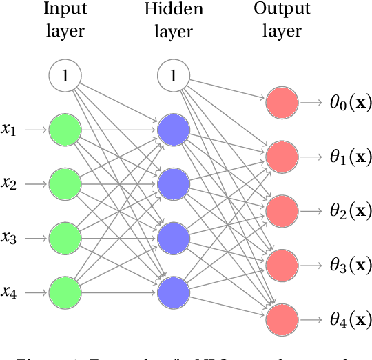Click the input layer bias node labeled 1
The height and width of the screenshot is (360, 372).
click(65, 75)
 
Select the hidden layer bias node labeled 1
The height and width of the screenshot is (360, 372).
click(174, 75)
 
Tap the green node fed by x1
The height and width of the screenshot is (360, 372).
click(65, 129)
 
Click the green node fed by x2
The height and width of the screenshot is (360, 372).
click(65, 183)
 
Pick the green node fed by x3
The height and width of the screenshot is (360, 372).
click(65, 237)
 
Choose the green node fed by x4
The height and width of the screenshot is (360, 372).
click(65, 292)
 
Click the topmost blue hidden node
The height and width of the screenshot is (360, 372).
click(174, 129)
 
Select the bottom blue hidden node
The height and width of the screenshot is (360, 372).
click(174, 292)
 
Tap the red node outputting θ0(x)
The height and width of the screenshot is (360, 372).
click(282, 103)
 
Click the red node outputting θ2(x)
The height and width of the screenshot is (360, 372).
click(282, 210)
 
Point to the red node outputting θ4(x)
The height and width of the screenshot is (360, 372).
click(282, 319)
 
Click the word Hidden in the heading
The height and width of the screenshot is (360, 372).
click(173, 10)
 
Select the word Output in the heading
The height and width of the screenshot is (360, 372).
click(281, 10)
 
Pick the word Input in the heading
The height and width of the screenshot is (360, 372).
click(65, 10)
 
